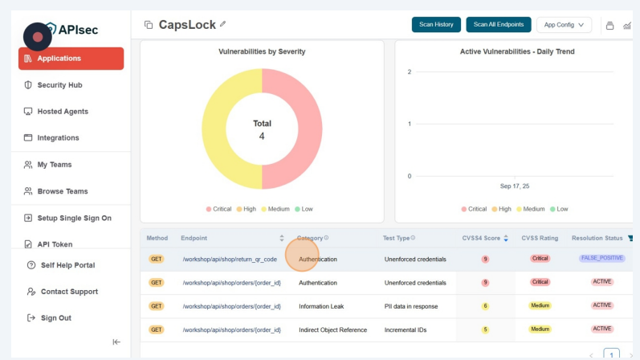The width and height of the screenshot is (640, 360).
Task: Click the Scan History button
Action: click(x=436, y=25)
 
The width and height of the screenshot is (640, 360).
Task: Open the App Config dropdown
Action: click(x=564, y=25)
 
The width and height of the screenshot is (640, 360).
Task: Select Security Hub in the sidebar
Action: click(x=59, y=85)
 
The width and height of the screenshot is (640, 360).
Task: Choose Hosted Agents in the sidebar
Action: click(x=63, y=112)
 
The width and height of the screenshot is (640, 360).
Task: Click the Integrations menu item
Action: click(x=58, y=138)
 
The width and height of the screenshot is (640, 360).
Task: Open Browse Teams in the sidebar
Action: click(x=63, y=191)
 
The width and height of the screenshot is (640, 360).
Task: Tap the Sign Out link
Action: click(x=55, y=318)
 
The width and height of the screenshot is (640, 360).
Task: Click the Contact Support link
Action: click(x=69, y=292)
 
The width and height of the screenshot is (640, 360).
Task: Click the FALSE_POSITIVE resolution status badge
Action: click(x=601, y=259)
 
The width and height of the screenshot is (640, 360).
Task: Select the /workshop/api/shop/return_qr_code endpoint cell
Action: click(x=230, y=260)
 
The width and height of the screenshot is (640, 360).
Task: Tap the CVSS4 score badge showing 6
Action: click(x=485, y=306)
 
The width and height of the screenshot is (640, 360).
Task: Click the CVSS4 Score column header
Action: click(x=482, y=238)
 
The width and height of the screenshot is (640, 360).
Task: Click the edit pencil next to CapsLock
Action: click(x=222, y=24)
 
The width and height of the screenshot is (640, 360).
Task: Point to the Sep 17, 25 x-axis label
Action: click(x=515, y=186)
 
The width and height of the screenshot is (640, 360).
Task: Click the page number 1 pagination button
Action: click(x=611, y=354)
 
